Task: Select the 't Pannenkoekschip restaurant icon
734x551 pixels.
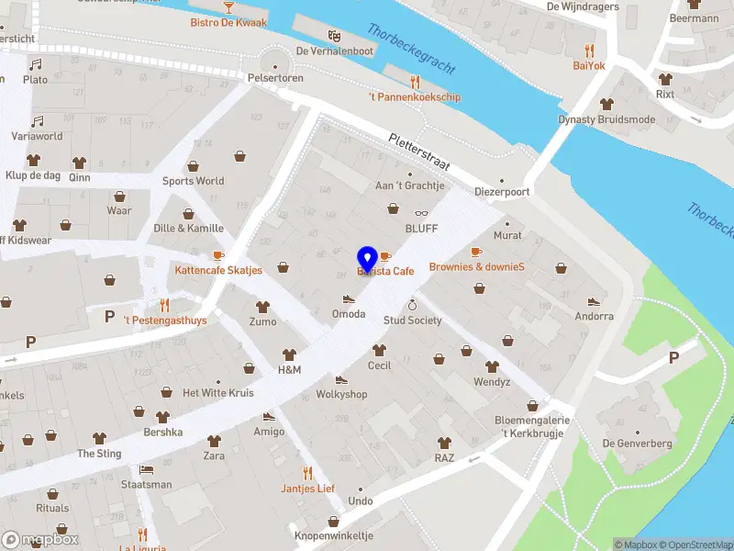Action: click(x=415, y=82)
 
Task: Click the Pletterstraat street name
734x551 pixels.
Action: click(x=418, y=151)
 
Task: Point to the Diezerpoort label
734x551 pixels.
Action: click(x=502, y=193)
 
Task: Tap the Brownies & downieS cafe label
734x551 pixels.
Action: click(x=476, y=267)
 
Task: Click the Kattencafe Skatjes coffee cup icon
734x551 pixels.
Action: click(x=218, y=255)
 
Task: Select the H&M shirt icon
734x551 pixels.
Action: click(x=289, y=354)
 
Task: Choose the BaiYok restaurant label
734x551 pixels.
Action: click(x=589, y=65)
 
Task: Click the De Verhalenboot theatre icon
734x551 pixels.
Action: click(x=334, y=36)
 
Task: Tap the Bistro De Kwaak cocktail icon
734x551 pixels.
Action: click(x=228, y=7)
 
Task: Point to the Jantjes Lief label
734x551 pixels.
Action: click(x=307, y=489)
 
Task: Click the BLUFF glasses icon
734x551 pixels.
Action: click(x=421, y=213)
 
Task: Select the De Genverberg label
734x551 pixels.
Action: click(x=637, y=444)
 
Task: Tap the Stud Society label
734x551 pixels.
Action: click(x=412, y=320)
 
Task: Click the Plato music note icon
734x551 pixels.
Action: click(x=36, y=65)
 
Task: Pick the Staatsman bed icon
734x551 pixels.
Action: click(x=146, y=469)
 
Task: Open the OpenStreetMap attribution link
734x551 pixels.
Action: click(x=694, y=545)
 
